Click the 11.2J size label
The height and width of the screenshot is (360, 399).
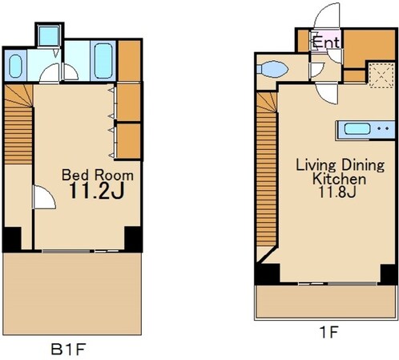pos(97,191)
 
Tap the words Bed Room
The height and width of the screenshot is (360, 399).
pos(98,175)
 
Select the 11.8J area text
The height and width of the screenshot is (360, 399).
pos(337,192)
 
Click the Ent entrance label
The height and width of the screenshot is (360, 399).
pos(326,42)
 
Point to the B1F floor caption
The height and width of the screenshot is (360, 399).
pos(69,349)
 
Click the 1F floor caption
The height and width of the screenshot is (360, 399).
pos(328,332)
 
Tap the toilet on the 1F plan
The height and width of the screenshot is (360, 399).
pos(272,69)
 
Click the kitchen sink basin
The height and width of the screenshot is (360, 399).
pos(357,129)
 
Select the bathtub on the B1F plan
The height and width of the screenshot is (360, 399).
pos(103,60)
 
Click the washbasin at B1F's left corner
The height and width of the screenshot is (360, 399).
pos(15,66)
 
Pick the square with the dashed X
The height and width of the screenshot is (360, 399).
pos(381,75)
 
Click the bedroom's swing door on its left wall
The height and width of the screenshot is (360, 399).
pos(44,197)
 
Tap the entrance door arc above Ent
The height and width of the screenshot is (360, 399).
pos(327,16)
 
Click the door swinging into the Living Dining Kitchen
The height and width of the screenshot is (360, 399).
pos(326,94)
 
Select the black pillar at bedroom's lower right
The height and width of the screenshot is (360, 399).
pos(133,239)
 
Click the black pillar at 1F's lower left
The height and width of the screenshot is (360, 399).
pos(267,274)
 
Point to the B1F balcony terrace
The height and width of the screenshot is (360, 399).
pos(72,293)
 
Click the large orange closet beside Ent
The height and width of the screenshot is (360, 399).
pos(369,47)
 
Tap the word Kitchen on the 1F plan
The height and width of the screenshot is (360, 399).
pos(340,179)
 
